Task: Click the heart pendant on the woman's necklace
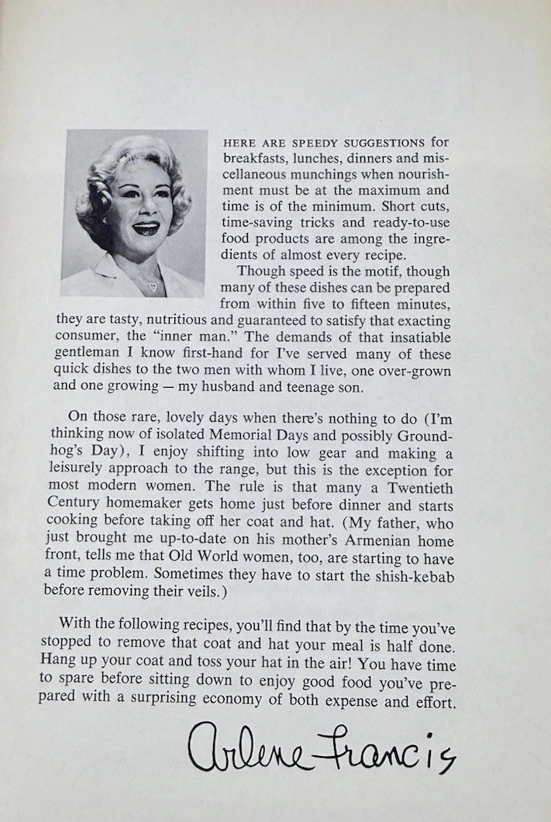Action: click(x=153, y=286)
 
